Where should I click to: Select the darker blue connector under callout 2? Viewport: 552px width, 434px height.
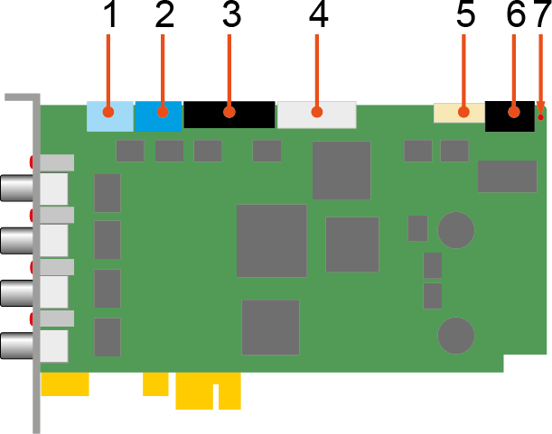[x=158, y=115]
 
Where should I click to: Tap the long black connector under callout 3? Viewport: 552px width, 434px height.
[x=229, y=115]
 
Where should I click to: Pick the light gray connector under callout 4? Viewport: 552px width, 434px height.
[x=316, y=115]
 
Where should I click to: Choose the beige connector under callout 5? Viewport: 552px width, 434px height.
[x=459, y=113]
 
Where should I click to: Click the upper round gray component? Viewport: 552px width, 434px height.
[x=456, y=229]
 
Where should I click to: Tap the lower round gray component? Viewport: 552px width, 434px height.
[x=456, y=335]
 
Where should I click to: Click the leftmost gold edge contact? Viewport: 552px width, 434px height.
[x=65, y=384]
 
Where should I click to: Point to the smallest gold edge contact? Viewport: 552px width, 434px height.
[x=155, y=384]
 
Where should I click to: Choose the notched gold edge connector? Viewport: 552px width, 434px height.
[x=208, y=392]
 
